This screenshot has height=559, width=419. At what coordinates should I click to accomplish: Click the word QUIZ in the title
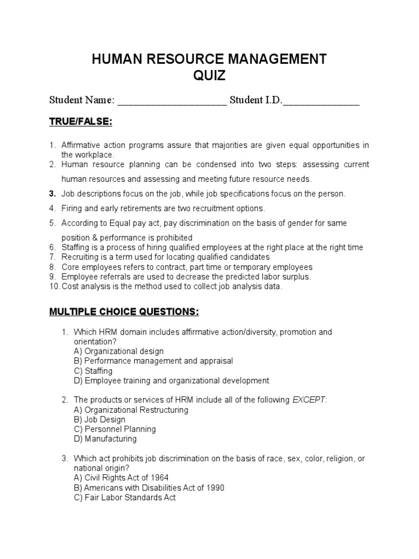(209, 76)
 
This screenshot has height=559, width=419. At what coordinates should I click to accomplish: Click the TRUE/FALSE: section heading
(80, 122)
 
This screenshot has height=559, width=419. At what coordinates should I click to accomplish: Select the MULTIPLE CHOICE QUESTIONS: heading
(124, 312)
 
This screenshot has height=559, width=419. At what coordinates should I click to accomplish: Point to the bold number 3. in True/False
(53, 194)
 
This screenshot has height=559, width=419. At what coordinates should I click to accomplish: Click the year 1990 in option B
(213, 487)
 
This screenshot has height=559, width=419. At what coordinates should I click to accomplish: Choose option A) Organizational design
(118, 351)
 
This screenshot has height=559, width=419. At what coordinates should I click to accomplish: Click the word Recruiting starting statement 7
(80, 257)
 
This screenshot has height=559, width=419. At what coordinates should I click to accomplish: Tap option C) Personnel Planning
(115, 429)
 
